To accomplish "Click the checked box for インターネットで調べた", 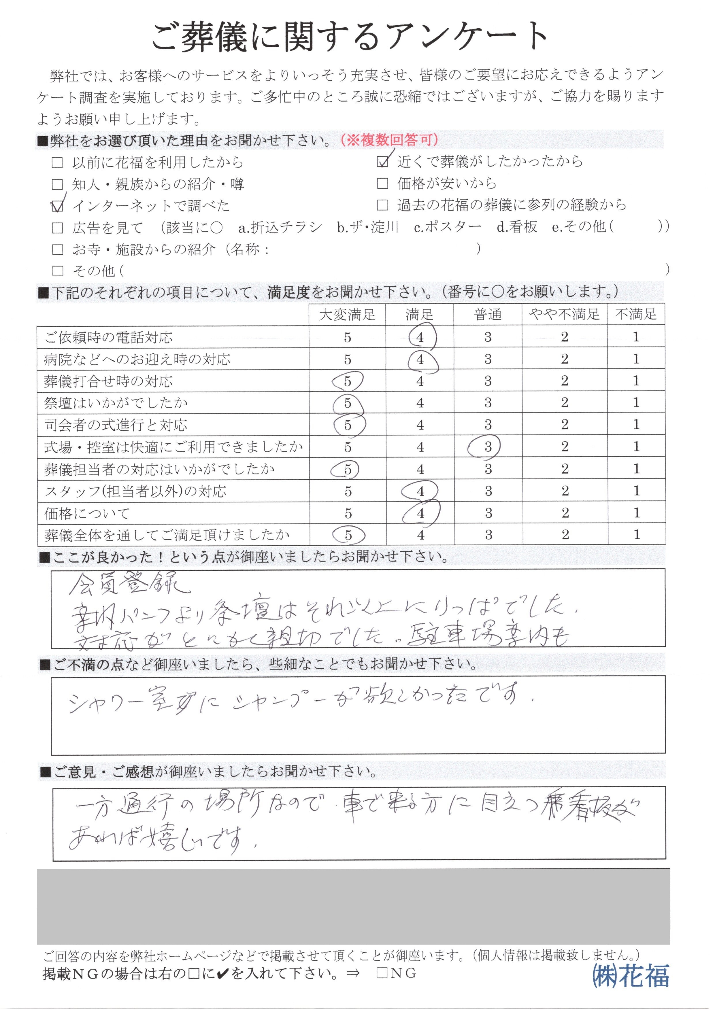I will tap(57, 206).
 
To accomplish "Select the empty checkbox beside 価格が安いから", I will tap(383, 184).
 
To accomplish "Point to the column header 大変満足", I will tap(347, 315).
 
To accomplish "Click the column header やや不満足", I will tap(565, 315).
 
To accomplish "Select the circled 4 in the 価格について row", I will tap(420, 513).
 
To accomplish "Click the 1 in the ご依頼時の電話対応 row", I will tap(636, 337).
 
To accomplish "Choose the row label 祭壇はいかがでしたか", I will tap(115, 403).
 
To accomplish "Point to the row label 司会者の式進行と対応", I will tap(115, 425).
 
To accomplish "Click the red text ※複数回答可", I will tap(389, 140).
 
